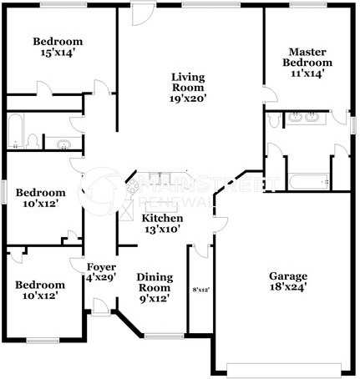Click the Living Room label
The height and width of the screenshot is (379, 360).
coord(189,80)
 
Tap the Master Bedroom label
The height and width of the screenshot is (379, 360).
coord(307,57)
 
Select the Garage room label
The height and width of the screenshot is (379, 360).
coord(286,276)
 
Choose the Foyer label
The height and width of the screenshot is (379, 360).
coord(101,267)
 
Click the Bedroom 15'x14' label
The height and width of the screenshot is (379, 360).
coord(58,42)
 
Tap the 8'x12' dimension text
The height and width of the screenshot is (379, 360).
coord(200,290)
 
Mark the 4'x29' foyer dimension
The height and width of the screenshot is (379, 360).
coord(101,277)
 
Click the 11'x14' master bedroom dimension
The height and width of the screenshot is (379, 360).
coord(307,73)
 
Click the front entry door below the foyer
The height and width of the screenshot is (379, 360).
coord(99,310)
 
